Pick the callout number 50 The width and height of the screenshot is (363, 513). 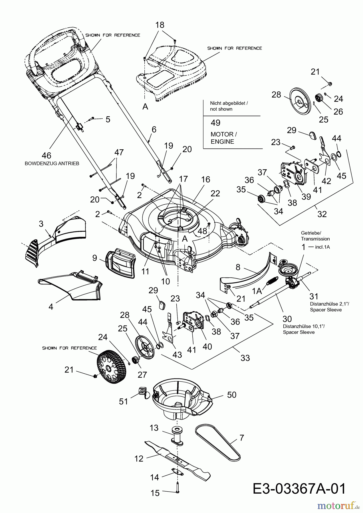tap(232, 395)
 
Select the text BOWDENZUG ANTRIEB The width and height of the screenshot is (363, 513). tap(52, 164)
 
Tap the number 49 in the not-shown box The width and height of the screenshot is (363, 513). tap(215, 123)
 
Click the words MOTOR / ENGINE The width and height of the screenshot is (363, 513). tap(224, 138)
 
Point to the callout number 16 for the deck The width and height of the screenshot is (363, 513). tap(205, 179)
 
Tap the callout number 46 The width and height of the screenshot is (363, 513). tap(47, 156)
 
